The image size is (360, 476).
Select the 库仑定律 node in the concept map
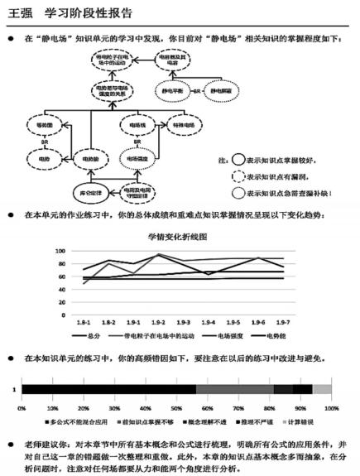pos(88,186)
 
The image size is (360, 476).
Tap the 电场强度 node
pos(136,156)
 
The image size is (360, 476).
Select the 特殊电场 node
pos(182,125)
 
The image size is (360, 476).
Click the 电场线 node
pos(136,125)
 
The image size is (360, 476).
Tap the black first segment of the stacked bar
pos(108,388)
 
